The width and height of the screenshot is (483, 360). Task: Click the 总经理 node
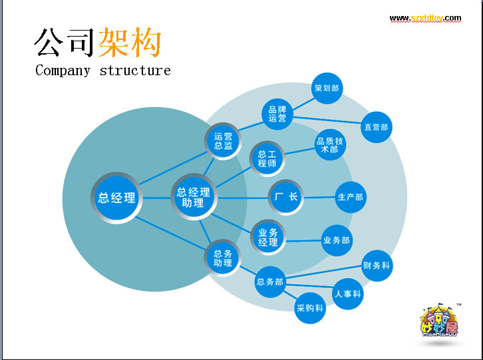pyautogui.click(x=116, y=198)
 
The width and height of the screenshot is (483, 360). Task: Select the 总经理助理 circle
pyautogui.click(x=194, y=198)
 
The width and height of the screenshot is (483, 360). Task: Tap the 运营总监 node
pyautogui.click(x=224, y=141)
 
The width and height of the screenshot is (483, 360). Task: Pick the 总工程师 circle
pyautogui.click(x=267, y=158)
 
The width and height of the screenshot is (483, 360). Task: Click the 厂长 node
pyautogui.click(x=286, y=198)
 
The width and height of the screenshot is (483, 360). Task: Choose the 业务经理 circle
pyautogui.click(x=268, y=238)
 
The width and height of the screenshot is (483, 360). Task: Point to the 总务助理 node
pyautogui.click(x=223, y=258)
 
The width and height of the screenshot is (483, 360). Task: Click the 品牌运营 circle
pyautogui.click(x=277, y=114)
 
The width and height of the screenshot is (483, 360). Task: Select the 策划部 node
pyautogui.click(x=327, y=88)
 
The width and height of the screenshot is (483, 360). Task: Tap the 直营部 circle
pyautogui.click(x=375, y=127)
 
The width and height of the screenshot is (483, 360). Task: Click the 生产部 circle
pyautogui.click(x=350, y=198)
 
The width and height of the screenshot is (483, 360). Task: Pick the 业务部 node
pyautogui.click(x=336, y=240)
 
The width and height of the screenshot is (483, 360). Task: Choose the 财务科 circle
pyautogui.click(x=377, y=266)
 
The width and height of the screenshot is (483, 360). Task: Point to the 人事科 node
pyautogui.click(x=348, y=293)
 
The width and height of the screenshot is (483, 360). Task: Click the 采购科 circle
pyautogui.click(x=310, y=308)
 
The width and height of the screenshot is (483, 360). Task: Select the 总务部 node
pyautogui.click(x=269, y=282)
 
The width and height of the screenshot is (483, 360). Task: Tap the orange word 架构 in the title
pyautogui.click(x=130, y=43)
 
